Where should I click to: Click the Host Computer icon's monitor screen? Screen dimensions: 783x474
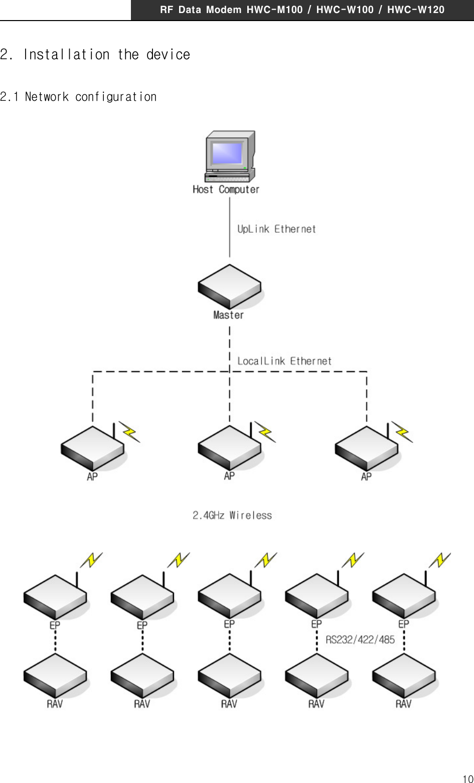tap(227, 153)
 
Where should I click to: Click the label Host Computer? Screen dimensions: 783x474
tap(226, 190)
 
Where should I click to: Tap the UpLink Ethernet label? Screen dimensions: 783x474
tap(276, 229)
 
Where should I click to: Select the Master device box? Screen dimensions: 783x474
tap(230, 286)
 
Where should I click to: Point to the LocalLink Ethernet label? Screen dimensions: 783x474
tap(284, 361)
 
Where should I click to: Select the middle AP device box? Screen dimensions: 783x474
tap(230, 448)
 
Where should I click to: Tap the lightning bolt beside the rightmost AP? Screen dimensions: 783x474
tap(402, 432)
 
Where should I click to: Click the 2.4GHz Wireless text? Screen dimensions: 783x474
tap(232, 516)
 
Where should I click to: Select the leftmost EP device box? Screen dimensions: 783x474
tap(55, 596)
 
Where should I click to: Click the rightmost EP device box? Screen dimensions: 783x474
tap(404, 596)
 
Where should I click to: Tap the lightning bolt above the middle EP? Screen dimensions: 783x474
tap(266, 560)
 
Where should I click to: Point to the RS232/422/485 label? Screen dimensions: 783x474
tap(360, 640)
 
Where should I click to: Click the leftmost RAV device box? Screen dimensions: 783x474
tap(55, 676)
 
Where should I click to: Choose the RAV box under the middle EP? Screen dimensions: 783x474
tap(230, 676)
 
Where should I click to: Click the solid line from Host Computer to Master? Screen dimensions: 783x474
tap(230, 227)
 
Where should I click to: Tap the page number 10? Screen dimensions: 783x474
tap(467, 778)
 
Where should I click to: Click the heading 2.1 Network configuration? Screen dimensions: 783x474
tap(78, 97)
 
